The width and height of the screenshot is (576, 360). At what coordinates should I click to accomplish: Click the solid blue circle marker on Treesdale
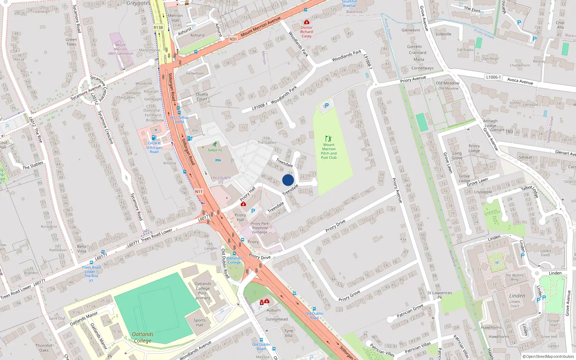288,180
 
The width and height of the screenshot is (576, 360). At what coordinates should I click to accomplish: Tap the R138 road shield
158,27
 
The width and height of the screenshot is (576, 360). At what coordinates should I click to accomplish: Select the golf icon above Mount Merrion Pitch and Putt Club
328,139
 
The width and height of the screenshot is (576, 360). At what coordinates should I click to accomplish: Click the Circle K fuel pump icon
154,138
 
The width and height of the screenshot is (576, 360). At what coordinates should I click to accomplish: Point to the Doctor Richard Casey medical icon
306,22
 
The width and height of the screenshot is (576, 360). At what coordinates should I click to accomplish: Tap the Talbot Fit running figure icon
215,144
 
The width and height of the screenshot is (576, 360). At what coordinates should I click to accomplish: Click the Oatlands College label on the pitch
143,337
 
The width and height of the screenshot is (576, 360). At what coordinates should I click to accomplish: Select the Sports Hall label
199,322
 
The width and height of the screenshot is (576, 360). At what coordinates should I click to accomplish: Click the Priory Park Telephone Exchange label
260,228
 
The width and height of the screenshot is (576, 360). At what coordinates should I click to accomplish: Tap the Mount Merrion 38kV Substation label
120,49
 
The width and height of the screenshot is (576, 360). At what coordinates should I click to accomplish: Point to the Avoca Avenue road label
520,81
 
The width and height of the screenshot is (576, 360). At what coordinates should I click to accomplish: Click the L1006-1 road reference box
493,77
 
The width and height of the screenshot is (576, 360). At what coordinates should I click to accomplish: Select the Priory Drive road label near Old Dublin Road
260,257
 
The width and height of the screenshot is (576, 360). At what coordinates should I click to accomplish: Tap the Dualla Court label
202,96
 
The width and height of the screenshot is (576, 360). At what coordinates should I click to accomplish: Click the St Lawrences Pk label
440,295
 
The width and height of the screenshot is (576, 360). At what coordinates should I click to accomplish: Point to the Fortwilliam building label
195,73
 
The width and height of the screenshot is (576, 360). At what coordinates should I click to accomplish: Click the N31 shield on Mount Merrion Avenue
233,39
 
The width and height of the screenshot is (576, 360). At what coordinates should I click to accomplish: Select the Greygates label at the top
139,3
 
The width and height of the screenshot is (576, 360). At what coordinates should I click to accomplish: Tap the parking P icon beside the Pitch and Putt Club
327,105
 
